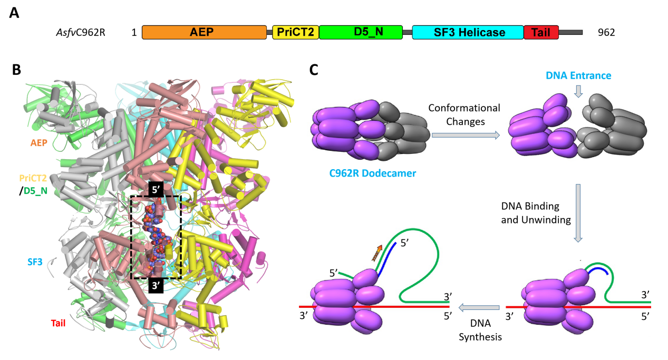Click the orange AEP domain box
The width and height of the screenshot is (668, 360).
[x=204, y=33]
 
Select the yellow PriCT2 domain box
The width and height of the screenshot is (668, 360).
[x=295, y=33]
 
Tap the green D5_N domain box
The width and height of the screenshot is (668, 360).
[x=361, y=33]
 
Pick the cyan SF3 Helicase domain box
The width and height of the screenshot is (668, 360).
[x=468, y=33]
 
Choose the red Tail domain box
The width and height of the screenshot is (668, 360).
[x=541, y=33]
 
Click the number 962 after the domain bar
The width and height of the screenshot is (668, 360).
[x=606, y=33]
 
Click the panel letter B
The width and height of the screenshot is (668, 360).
[x=16, y=69]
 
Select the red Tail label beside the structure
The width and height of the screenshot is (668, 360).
[x=58, y=323]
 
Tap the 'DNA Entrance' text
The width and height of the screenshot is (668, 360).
[x=578, y=75]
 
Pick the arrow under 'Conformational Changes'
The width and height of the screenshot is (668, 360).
[x=465, y=135]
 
